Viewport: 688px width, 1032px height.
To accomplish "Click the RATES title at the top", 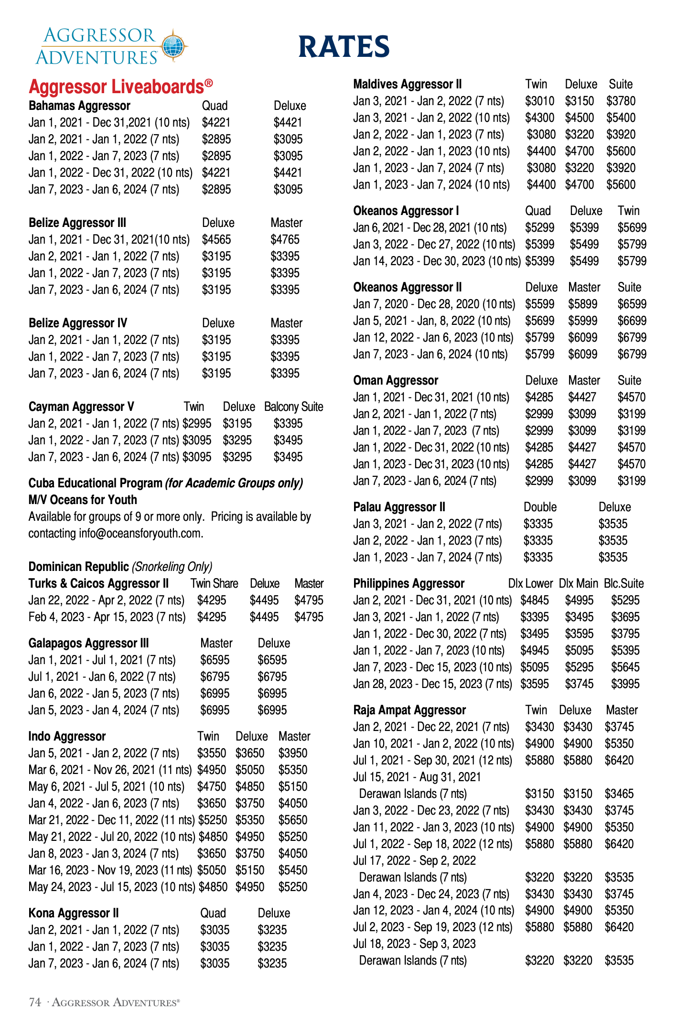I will [x=344, y=47].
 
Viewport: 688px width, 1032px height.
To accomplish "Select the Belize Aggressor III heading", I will [x=77, y=223].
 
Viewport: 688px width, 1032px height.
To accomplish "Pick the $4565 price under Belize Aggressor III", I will [x=216, y=239].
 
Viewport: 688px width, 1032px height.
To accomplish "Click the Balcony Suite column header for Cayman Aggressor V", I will [x=293, y=407].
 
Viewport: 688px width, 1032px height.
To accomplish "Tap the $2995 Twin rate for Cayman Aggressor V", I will [x=197, y=423].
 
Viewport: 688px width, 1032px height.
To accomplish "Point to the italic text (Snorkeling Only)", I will [x=172, y=567].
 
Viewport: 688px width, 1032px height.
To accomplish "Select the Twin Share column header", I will [x=214, y=583].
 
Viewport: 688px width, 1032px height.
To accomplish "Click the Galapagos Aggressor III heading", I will [x=88, y=643].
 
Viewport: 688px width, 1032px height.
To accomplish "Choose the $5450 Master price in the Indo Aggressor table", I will [x=293, y=870].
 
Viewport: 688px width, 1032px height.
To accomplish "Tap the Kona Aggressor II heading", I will [x=74, y=913].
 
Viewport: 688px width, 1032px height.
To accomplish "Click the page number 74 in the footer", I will [x=35, y=1002].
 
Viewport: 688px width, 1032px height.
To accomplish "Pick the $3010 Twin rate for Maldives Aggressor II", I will [x=539, y=101].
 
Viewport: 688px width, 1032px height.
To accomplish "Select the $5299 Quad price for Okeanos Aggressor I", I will [x=539, y=227].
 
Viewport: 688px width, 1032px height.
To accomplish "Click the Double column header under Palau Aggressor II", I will [x=540, y=507].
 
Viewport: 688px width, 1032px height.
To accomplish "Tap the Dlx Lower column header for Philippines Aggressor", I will [x=530, y=583].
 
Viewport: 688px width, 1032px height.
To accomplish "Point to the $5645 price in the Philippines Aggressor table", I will [x=625, y=667].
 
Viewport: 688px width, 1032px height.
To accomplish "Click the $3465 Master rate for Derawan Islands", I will [x=619, y=794].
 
